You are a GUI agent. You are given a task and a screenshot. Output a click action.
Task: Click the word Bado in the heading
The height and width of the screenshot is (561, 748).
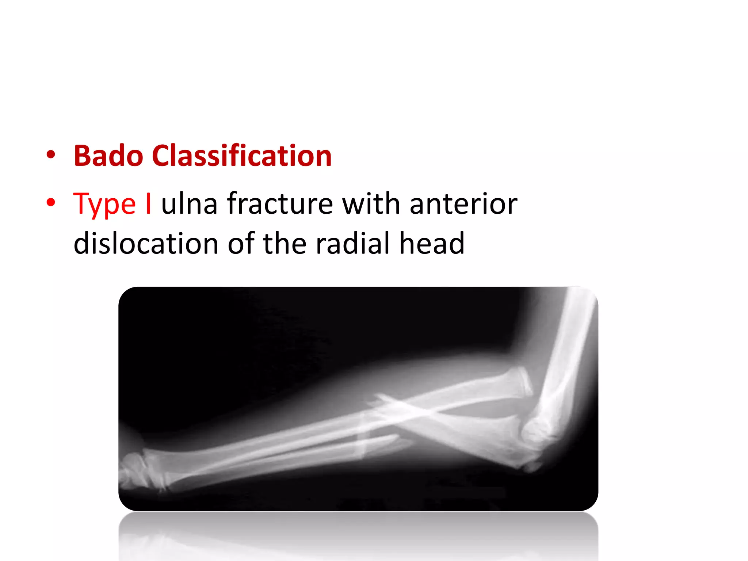click(x=108, y=156)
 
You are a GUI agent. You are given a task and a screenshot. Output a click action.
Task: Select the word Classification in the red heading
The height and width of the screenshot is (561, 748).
click(x=241, y=156)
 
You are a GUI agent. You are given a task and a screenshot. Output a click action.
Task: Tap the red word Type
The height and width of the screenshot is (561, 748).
click(x=104, y=204)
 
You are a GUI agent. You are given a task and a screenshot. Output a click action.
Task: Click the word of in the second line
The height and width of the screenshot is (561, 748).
click(x=241, y=243)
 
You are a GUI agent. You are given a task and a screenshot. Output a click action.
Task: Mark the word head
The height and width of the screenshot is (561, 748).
click(x=432, y=243)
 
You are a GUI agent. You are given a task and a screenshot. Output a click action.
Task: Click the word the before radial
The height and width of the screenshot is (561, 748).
click(x=285, y=243)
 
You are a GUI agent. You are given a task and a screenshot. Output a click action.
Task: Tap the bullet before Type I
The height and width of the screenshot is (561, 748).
click(x=51, y=203)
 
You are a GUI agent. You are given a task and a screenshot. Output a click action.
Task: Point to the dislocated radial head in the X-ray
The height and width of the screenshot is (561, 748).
click(x=520, y=382)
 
